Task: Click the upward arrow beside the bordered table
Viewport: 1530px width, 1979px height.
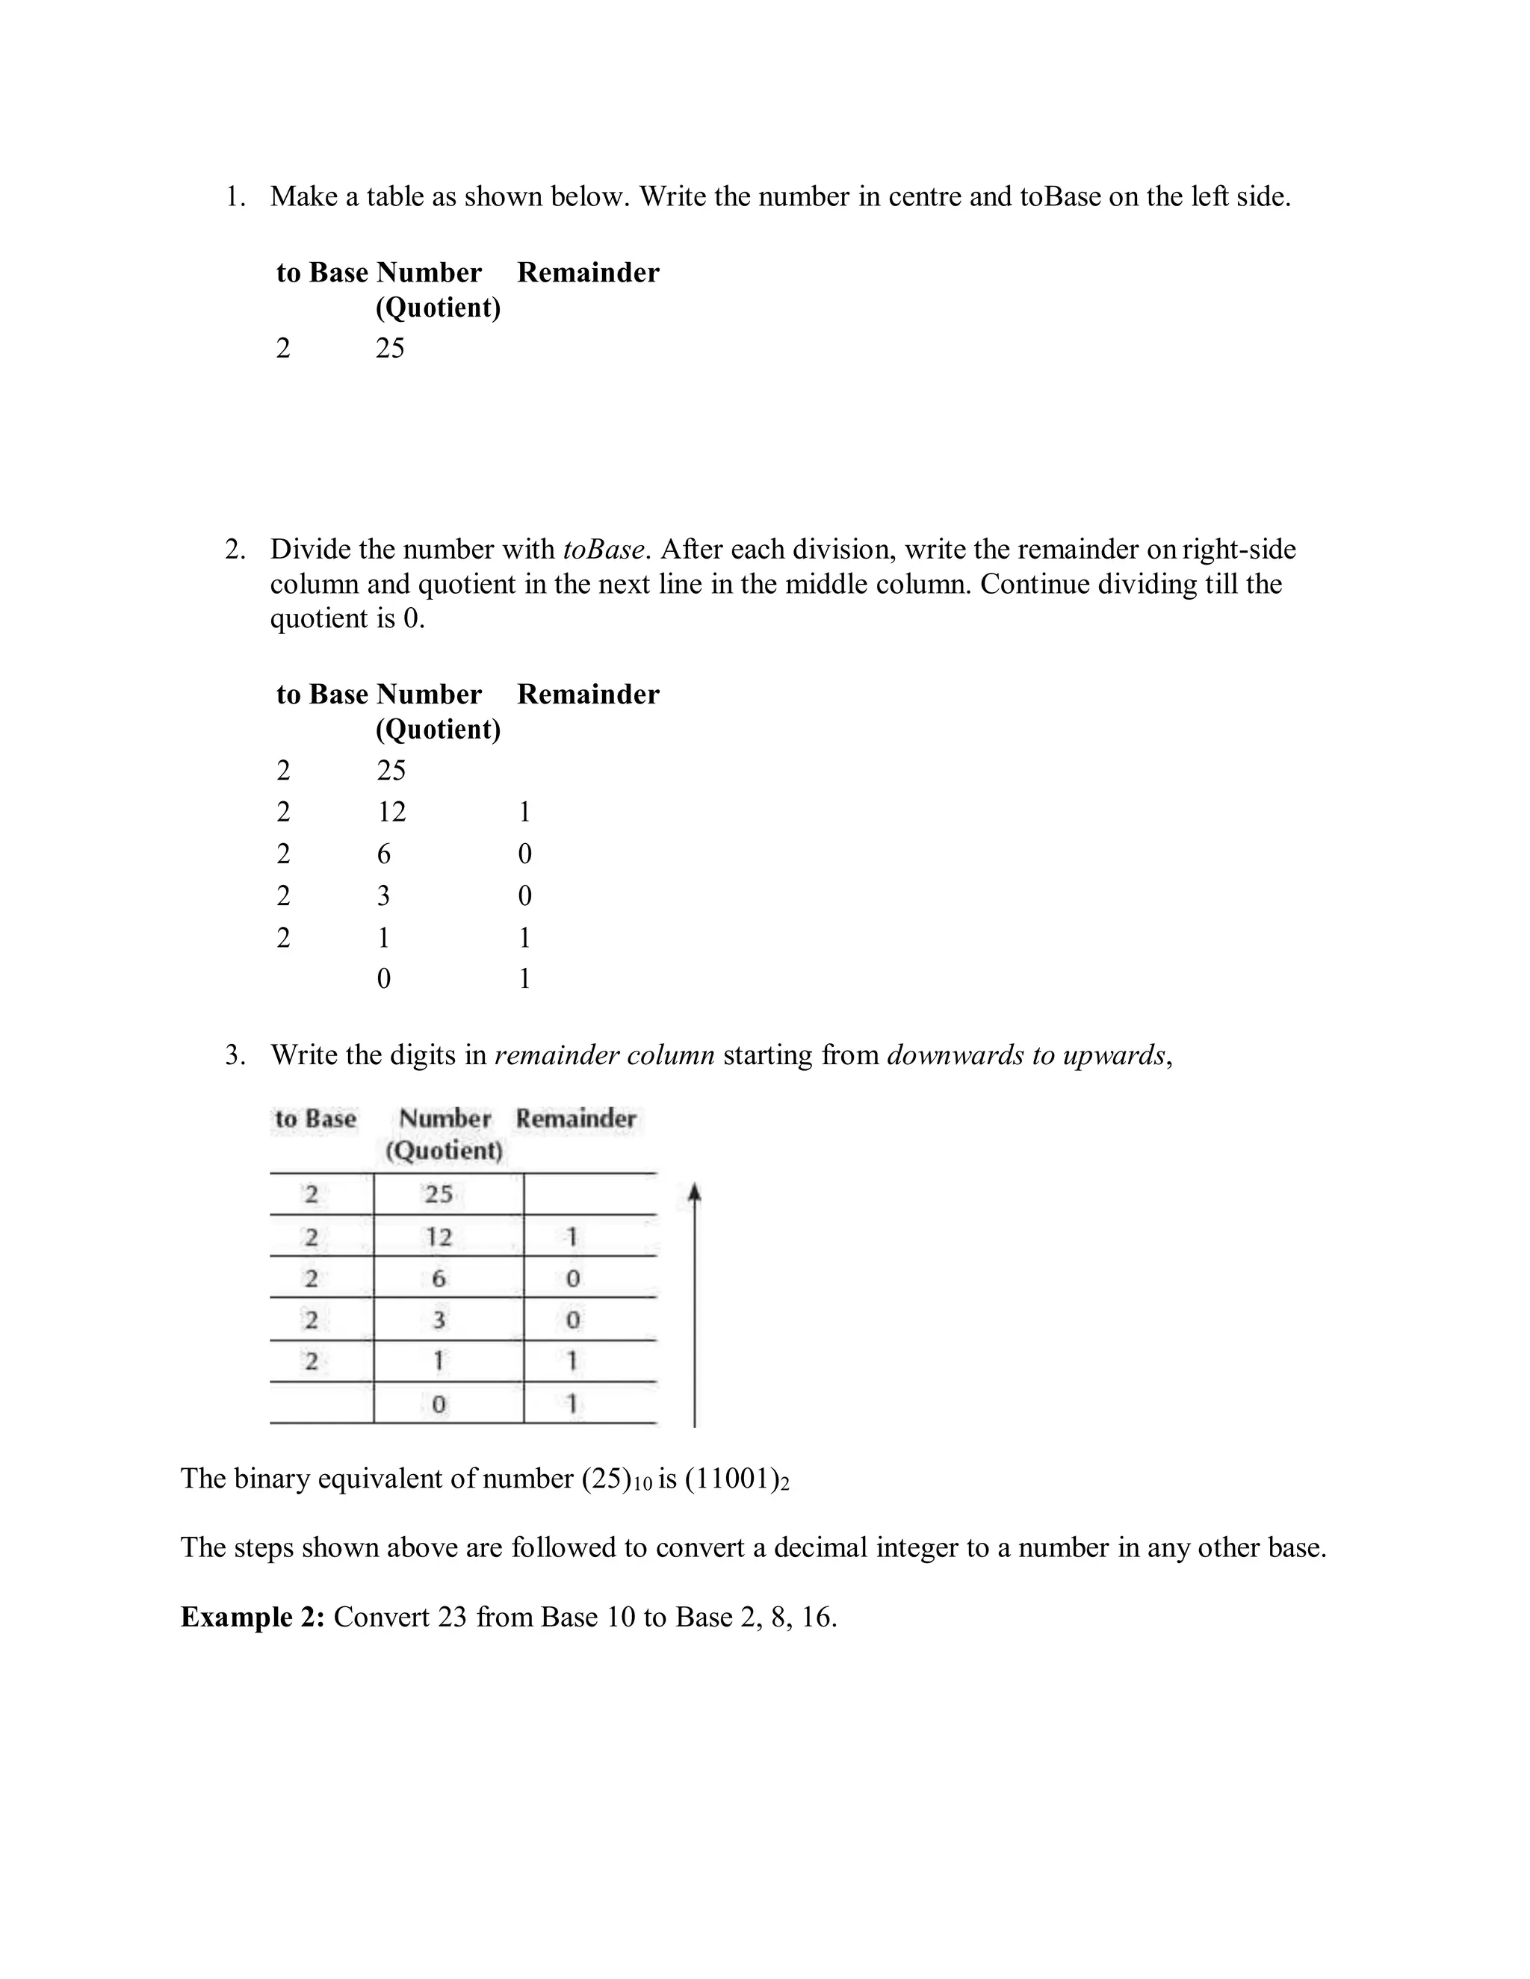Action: pyautogui.click(x=694, y=1305)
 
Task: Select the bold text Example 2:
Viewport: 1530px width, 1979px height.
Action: pyautogui.click(x=252, y=1617)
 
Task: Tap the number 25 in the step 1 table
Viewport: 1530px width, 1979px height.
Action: pyautogui.click(x=390, y=348)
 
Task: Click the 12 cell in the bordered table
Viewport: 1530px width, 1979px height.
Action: pyautogui.click(x=439, y=1236)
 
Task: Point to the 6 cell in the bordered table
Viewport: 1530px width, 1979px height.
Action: pyautogui.click(x=439, y=1278)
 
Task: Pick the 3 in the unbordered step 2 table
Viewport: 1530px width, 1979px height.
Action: pyautogui.click(x=383, y=896)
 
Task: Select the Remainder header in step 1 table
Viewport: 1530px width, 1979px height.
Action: pyautogui.click(x=587, y=273)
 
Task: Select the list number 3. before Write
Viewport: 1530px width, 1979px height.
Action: pyautogui.click(x=235, y=1056)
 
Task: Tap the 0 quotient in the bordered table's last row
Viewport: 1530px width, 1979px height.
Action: pyautogui.click(x=439, y=1405)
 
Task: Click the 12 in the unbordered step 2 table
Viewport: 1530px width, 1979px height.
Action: pyautogui.click(x=391, y=812)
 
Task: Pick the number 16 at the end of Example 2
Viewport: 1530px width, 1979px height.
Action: pyautogui.click(x=816, y=1617)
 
